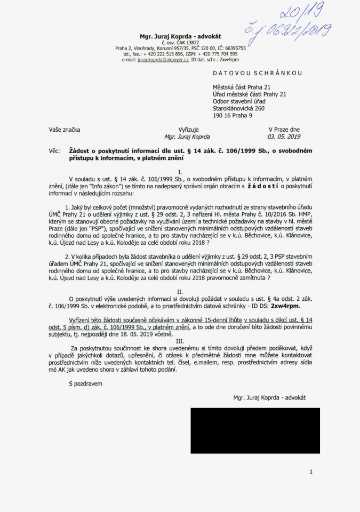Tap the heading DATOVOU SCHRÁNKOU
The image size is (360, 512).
click(x=257, y=73)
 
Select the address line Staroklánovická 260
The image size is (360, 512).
click(x=238, y=108)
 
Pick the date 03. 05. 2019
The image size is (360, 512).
click(x=284, y=137)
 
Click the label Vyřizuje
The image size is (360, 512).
click(x=188, y=130)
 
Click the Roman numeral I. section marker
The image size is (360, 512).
click(x=180, y=172)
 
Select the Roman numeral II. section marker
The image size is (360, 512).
click(x=180, y=292)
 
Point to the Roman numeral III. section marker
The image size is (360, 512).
click(x=180, y=341)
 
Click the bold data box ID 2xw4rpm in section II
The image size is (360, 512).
click(x=285, y=307)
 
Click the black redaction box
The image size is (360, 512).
click(x=255, y=430)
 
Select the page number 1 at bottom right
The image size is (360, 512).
click(x=310, y=471)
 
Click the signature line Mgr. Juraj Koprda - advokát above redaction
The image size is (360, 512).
click(x=269, y=397)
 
